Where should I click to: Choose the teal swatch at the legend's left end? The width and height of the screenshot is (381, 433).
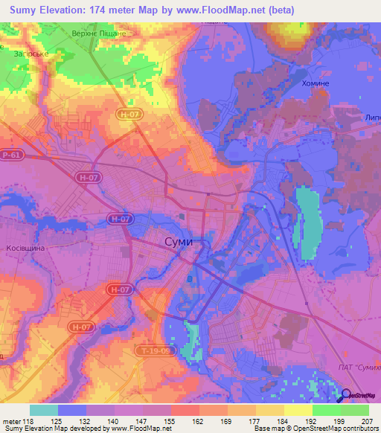(x=44, y=410)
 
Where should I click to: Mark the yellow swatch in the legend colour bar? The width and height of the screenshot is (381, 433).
(x=298, y=410)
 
